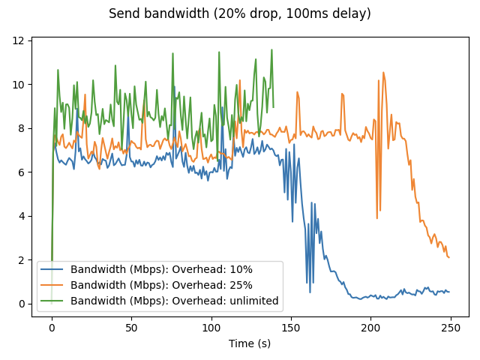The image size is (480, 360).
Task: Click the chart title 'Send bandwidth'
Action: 240,13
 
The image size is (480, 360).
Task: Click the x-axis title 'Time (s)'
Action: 250,343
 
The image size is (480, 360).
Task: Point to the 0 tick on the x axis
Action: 52,328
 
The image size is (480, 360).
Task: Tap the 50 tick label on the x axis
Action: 131,328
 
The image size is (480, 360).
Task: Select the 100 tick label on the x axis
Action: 211,328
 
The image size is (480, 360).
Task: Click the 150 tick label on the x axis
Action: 290,328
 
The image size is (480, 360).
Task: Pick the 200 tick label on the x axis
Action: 370,328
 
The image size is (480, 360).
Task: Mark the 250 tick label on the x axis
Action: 449,328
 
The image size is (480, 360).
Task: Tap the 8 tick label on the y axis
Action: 22,128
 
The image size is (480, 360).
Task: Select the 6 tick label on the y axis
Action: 22,172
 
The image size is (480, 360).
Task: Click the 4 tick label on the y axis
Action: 22,216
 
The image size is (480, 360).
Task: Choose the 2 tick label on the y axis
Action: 22,260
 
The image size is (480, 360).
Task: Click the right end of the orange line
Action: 448,258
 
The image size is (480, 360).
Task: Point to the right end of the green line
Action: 273,107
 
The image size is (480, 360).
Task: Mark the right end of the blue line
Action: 448,292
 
